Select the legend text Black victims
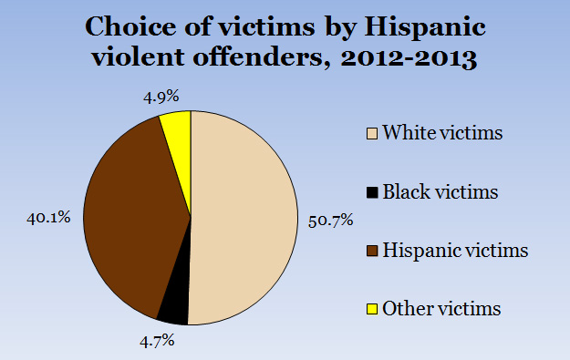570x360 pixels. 441,192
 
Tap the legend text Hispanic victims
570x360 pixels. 453,250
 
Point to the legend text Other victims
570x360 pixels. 442,308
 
